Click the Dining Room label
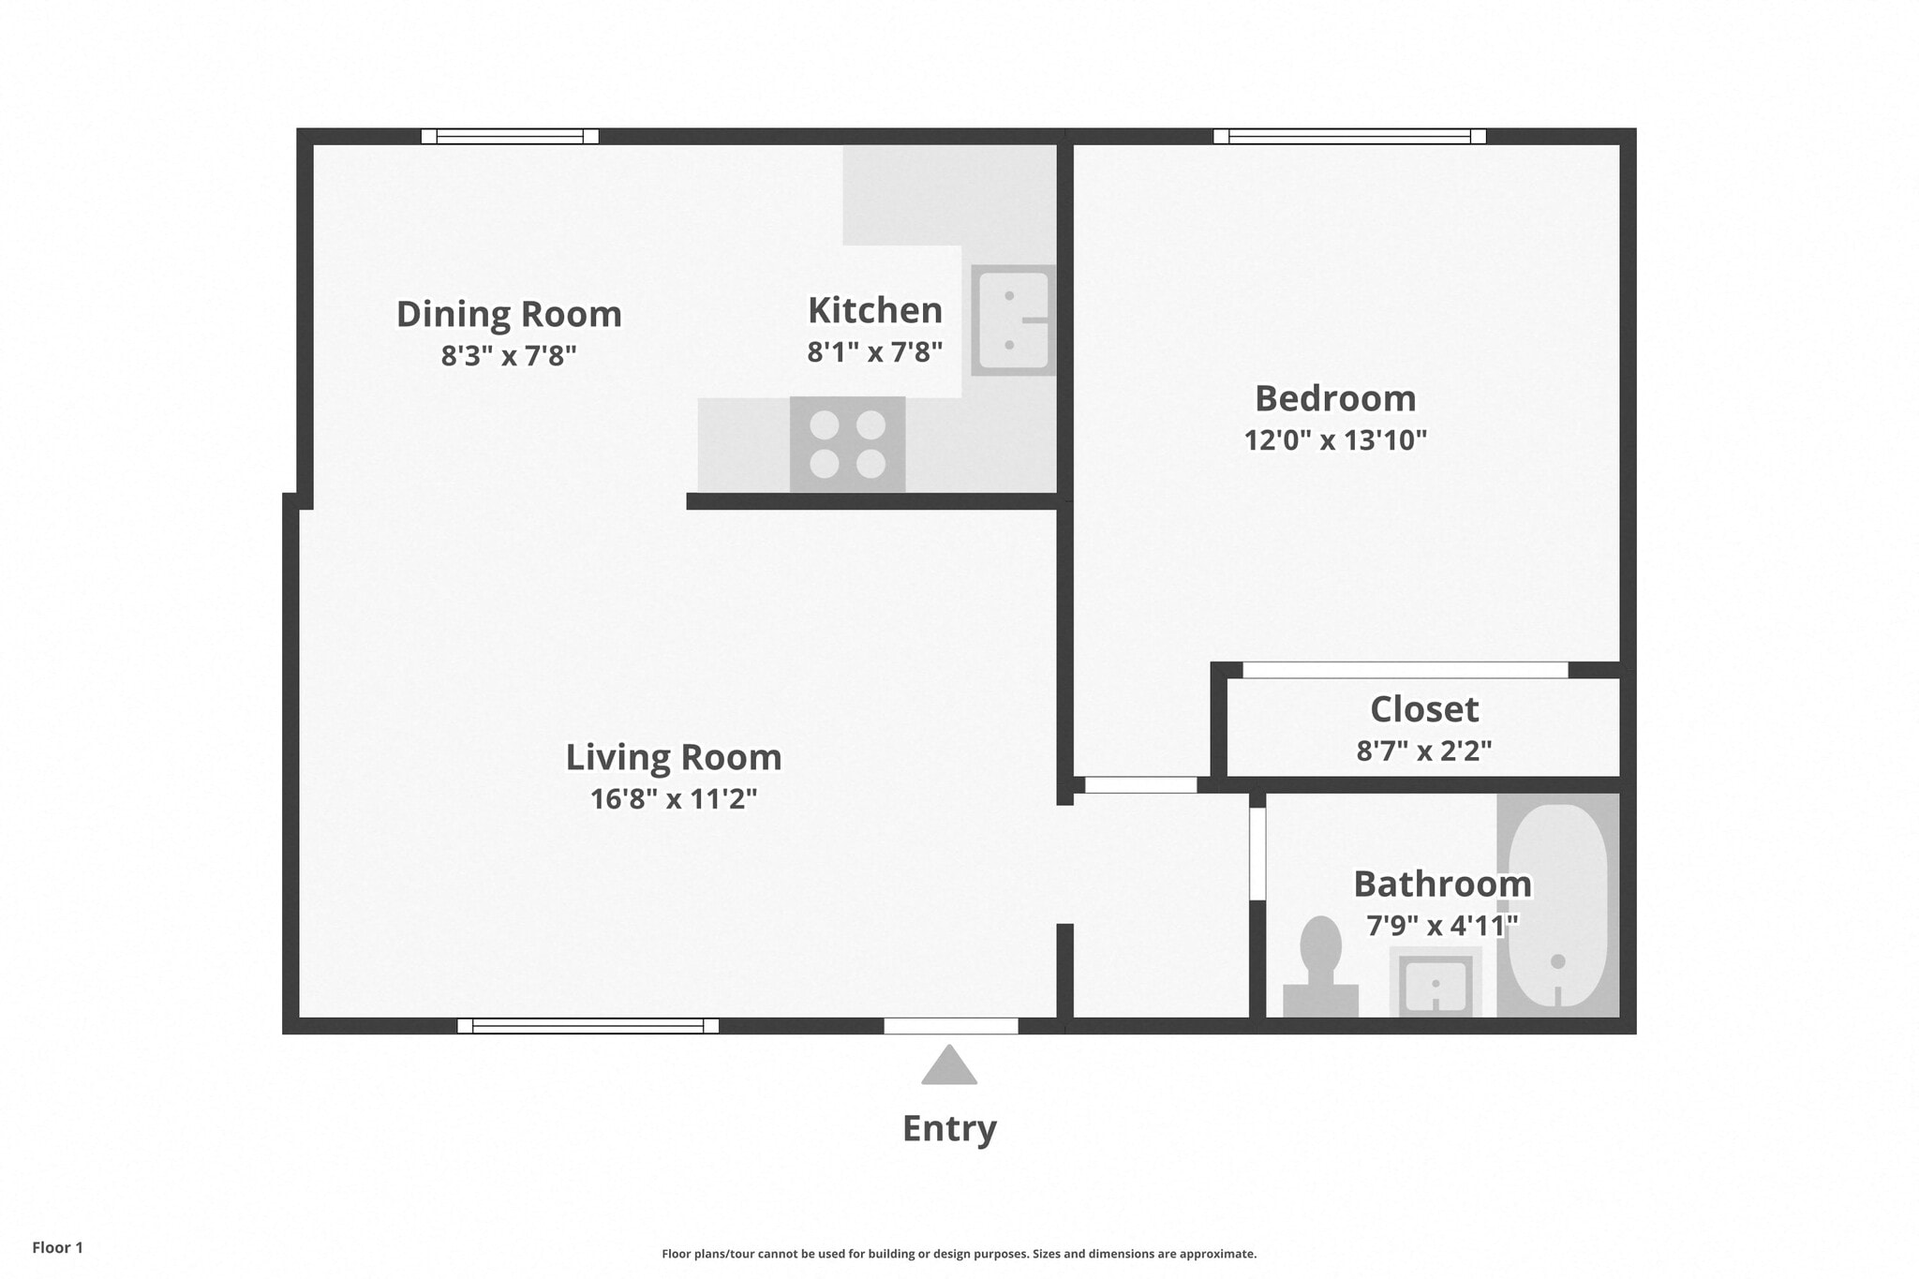point(509,314)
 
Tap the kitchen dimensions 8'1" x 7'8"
point(874,352)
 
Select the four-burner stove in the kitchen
point(847,444)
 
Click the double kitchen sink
point(1012,320)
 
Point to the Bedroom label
point(1335,398)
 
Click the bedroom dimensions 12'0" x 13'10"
point(1335,439)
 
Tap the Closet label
point(1424,709)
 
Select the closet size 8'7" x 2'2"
point(1424,751)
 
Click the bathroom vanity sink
point(1436,984)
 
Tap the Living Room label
point(673,757)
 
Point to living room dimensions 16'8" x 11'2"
point(673,799)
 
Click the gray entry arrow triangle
point(949,1067)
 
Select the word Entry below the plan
point(949,1128)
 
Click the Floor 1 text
point(57,1247)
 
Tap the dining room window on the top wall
point(510,137)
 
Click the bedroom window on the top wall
point(1349,137)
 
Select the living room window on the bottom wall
point(588,1026)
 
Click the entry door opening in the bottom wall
point(951,1026)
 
